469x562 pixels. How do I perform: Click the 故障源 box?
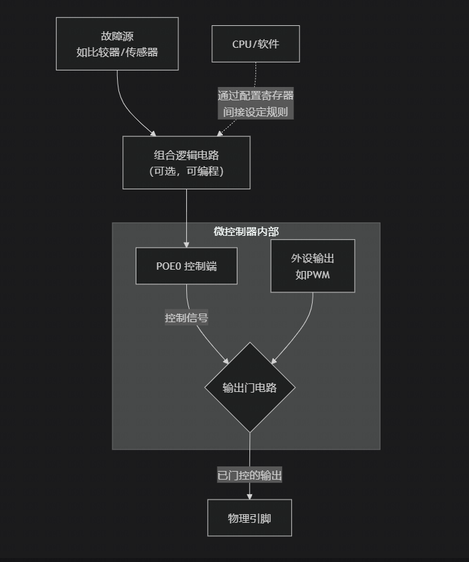pos(117,44)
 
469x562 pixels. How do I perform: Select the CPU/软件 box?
pos(255,44)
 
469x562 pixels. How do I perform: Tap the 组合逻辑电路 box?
pos(186,163)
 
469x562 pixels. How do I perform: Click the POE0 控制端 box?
pos(186,266)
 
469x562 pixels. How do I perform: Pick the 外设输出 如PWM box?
pos(313,266)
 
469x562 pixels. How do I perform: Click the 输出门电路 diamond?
pos(249,387)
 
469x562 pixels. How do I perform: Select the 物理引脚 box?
pos(249,518)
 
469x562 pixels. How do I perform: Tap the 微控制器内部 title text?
pos(246,231)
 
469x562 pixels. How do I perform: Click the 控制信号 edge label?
pos(186,318)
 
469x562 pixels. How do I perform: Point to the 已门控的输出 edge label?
pos(249,476)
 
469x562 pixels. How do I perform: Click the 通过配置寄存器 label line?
pos(255,96)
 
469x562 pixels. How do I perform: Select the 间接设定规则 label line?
pos(255,112)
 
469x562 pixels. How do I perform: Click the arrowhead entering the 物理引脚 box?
pos(249,496)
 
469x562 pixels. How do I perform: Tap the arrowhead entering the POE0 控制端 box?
pos(186,244)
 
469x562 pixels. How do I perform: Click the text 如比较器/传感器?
pos(117,52)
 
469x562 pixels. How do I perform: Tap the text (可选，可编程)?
pos(186,171)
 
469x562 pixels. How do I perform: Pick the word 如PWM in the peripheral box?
pos(313,274)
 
